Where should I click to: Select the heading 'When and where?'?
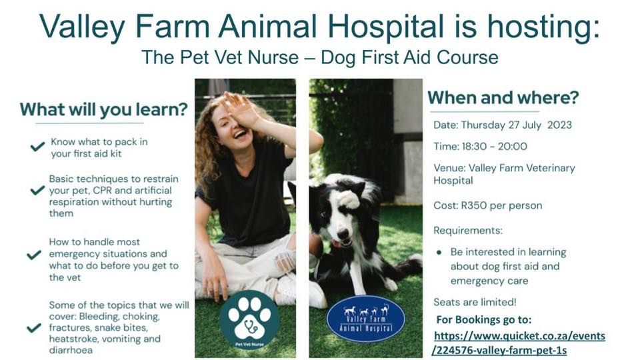coord(503,97)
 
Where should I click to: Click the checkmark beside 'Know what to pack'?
coord(37,147)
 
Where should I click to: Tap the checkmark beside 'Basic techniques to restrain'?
coord(37,191)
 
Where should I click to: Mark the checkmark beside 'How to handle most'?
coord(33,255)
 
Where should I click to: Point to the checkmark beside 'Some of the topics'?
coord(33,327)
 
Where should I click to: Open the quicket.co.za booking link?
coord(519,343)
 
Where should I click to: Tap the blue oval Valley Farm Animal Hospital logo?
coord(365,318)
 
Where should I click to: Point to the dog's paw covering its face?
coord(347,199)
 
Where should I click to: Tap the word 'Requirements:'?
coord(468,231)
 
